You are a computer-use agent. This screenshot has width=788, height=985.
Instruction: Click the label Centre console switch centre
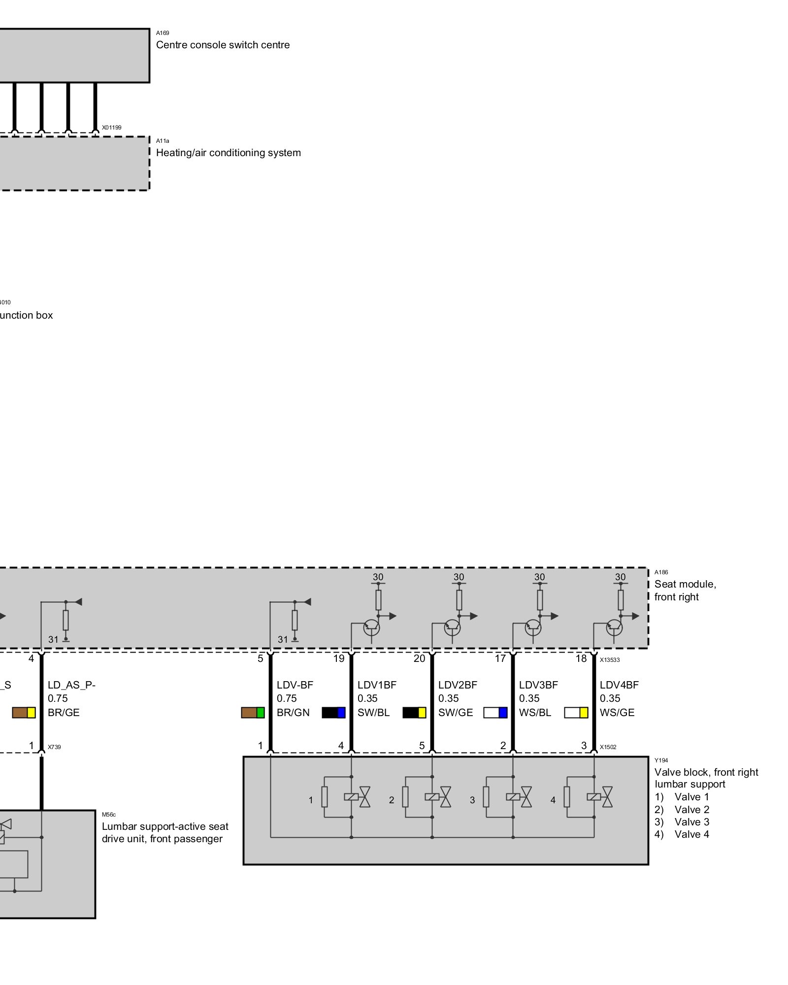point(223,45)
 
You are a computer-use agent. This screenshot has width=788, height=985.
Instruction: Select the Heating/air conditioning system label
point(228,153)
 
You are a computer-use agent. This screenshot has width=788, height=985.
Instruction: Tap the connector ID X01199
point(112,128)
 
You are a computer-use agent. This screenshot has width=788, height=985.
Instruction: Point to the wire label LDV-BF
point(295,685)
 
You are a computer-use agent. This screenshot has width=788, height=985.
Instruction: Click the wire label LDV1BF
point(377,685)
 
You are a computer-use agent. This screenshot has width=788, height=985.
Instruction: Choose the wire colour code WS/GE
point(617,713)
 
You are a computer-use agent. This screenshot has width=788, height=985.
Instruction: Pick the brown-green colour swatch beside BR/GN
point(253,713)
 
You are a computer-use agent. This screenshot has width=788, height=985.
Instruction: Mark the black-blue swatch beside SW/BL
point(333,713)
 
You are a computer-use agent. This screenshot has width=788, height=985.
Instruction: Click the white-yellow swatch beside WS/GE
point(576,713)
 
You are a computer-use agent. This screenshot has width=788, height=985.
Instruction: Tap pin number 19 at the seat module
point(339,659)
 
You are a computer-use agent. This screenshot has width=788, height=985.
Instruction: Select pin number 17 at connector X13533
point(500,659)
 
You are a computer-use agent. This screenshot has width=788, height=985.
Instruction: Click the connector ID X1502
point(608,747)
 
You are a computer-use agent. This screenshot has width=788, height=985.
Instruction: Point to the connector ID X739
point(54,747)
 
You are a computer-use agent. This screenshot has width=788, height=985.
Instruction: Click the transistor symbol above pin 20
point(452,628)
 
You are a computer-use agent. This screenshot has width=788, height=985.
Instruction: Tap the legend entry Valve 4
point(682,834)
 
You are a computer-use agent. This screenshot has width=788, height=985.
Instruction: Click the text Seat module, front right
point(685,591)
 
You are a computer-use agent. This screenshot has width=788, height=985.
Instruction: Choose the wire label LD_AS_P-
point(71,685)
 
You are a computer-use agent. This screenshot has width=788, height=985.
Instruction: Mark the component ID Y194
point(661,760)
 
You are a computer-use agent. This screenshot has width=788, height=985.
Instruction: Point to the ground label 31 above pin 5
point(283,640)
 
